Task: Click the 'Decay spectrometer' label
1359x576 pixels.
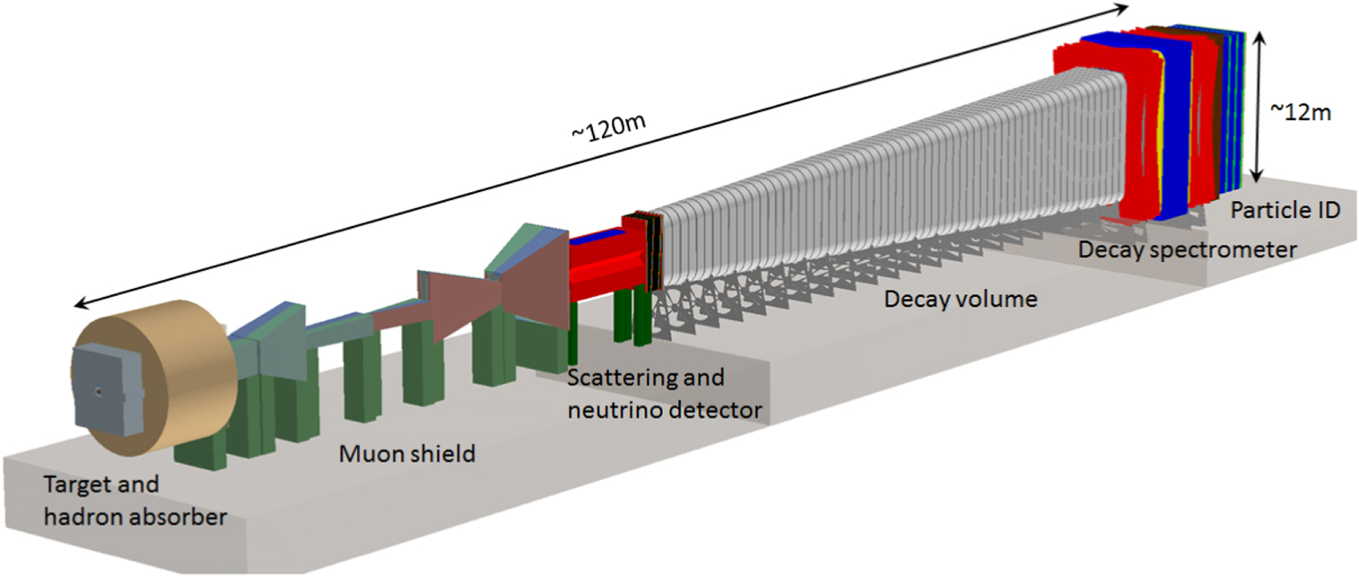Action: pyautogui.click(x=1187, y=250)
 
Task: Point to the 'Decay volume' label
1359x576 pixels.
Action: pyautogui.click(x=961, y=299)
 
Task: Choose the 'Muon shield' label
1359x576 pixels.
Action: pyautogui.click(x=406, y=454)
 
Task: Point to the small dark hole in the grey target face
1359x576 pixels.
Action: pyautogui.click(x=97, y=391)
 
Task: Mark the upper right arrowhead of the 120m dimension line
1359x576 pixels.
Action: pyautogui.click(x=1121, y=8)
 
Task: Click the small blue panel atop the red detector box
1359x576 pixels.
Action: pyautogui.click(x=596, y=237)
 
